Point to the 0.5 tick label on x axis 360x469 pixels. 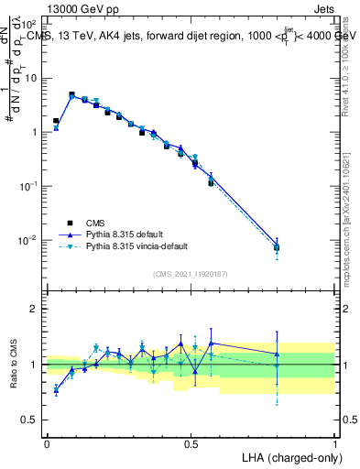tap(191, 442)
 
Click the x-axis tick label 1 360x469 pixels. tap(335, 442)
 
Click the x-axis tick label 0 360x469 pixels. tap(47, 442)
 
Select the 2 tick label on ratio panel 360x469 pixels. tap(36, 309)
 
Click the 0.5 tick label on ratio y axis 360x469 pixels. tap(30, 420)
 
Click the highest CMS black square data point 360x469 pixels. tap(71, 94)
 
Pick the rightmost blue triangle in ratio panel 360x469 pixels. tap(277, 354)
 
